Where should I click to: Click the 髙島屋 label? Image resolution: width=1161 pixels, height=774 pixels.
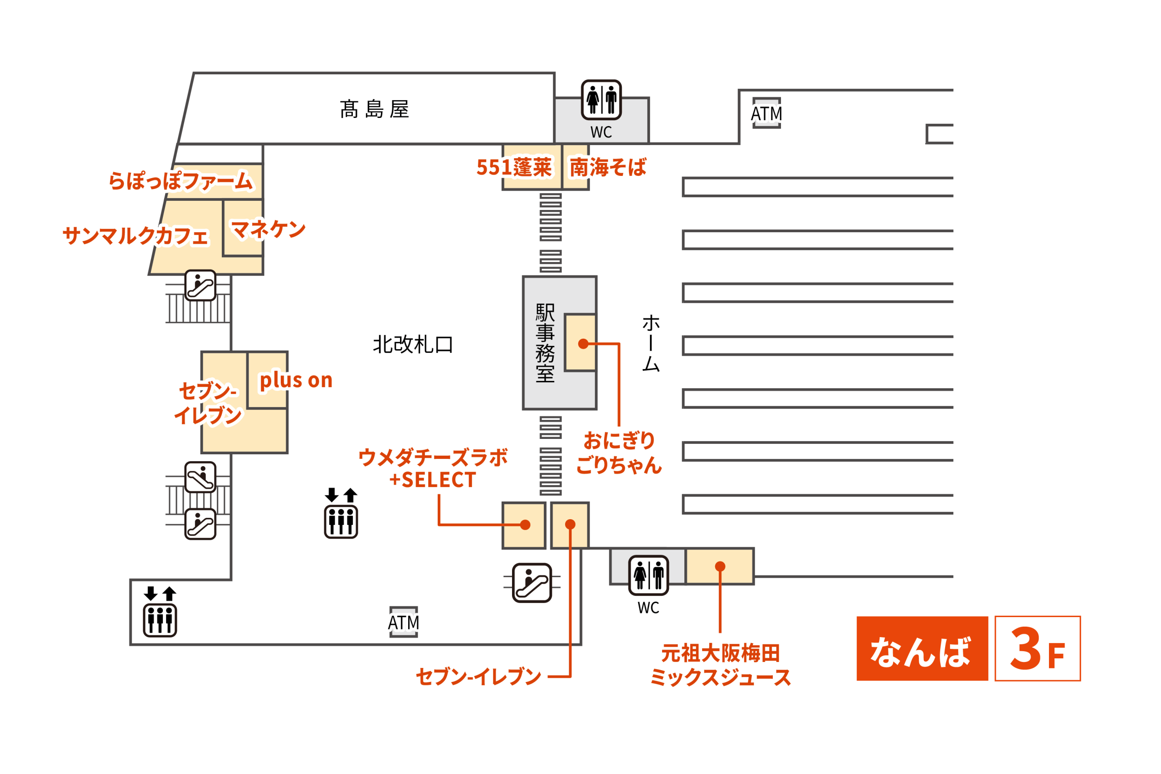pos(374,109)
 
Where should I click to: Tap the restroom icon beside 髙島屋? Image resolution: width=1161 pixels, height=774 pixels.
pos(601,100)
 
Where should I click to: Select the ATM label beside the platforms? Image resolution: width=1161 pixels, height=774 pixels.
pos(766,113)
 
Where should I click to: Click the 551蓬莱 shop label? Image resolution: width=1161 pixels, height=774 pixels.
pos(514,167)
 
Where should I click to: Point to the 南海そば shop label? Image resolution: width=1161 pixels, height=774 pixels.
pos(608,167)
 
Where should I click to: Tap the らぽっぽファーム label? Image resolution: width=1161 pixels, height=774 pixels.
pos(180,180)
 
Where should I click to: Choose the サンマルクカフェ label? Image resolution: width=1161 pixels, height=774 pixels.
pos(136,235)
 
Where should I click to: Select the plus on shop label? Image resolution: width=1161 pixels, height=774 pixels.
pos(296,380)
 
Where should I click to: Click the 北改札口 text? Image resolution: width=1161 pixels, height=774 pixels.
pos(413,344)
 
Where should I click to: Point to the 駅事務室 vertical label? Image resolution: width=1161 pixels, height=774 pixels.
pos(545,343)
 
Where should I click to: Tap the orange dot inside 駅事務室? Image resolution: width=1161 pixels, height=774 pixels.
pos(583,344)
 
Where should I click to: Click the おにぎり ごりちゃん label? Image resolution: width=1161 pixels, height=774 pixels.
pos(619,453)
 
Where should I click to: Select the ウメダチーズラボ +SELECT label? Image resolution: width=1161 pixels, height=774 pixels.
pos(433,468)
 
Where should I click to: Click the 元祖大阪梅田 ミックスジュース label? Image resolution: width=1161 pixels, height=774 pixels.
pos(720,665)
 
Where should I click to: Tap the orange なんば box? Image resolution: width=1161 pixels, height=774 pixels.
pos(922,648)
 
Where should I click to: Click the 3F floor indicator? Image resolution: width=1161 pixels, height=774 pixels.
pos(1037,648)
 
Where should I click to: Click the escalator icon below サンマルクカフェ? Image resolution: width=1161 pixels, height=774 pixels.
pos(200,285)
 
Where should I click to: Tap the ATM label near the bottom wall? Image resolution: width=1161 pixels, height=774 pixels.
pos(403,623)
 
